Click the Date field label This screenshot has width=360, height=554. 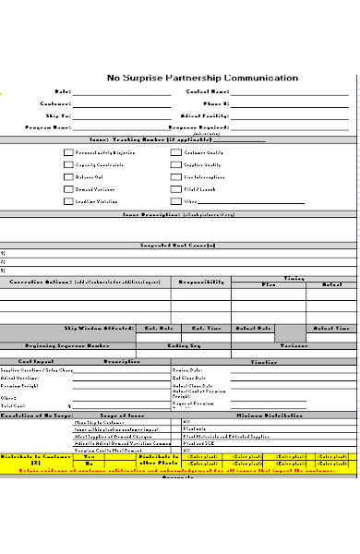(x=63, y=92)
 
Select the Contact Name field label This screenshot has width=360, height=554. (x=208, y=92)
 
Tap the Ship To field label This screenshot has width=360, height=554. (x=60, y=115)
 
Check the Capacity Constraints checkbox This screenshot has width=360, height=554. (x=67, y=164)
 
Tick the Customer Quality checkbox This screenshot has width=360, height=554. (x=174, y=152)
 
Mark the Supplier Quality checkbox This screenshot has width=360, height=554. (x=174, y=164)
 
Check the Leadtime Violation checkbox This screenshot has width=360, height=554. (x=67, y=200)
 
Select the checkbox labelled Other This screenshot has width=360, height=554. (x=174, y=200)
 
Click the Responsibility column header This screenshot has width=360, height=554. (x=200, y=280)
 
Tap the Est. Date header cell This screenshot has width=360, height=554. (x=159, y=328)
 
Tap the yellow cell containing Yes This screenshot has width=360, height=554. (x=90, y=456)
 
